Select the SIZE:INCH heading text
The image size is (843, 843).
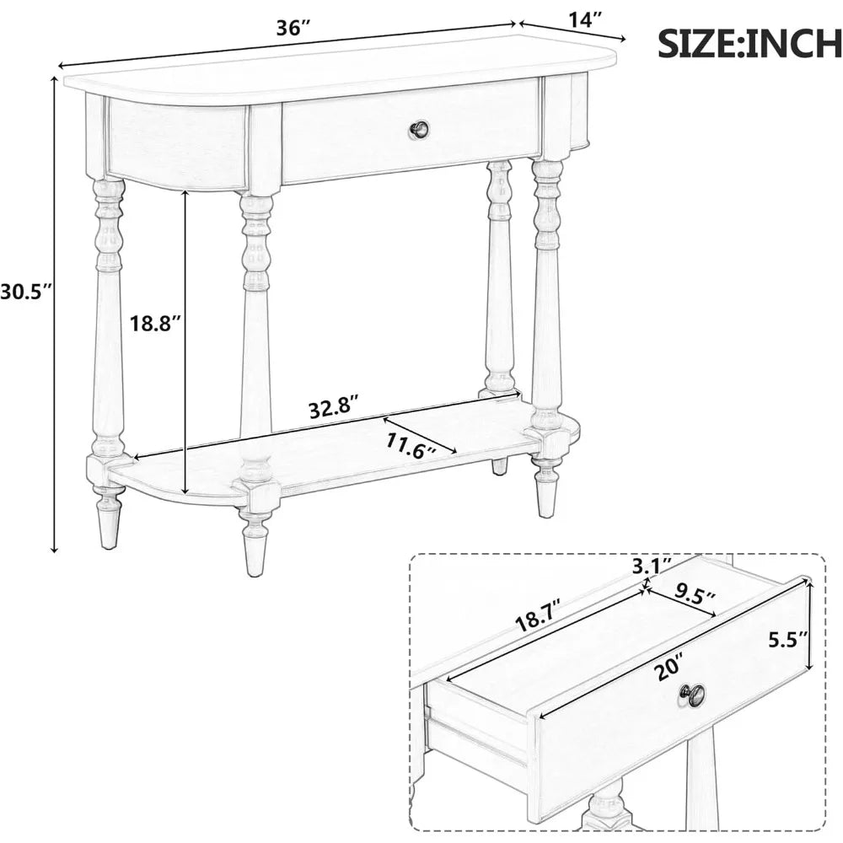pos(749,43)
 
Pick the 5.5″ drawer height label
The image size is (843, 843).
pos(790,640)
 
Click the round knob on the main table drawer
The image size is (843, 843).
pos(420,130)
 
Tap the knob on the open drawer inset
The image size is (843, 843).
pos(694,695)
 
